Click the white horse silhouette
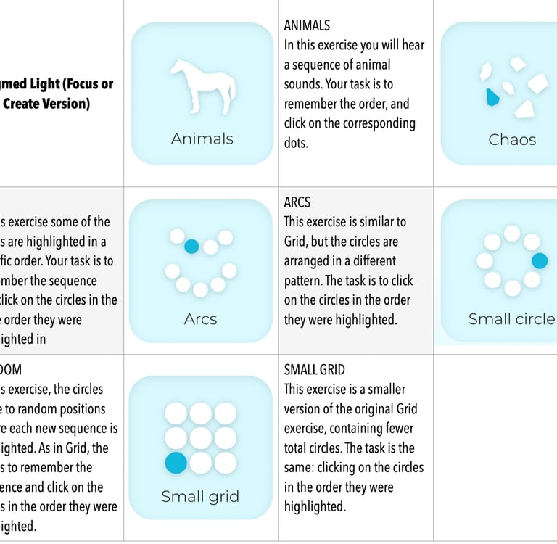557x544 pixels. pos(202,87)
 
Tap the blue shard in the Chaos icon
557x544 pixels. pos(492,96)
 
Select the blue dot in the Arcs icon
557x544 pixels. pos(191,246)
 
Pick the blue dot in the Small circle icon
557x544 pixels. pos(540,260)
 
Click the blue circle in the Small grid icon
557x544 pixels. pos(176,462)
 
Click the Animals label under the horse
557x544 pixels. pos(202,139)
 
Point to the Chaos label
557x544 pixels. pos(512,139)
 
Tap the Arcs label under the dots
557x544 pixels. pos(201,318)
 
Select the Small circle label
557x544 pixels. pos(511,318)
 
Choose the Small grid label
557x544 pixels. pos(200,497)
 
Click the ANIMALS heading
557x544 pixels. pos(307,25)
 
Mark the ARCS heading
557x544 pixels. pos(297,202)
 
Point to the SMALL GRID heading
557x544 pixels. pos(315,370)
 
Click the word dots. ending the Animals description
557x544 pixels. pos(296,143)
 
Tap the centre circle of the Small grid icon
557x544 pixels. pos(200,438)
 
